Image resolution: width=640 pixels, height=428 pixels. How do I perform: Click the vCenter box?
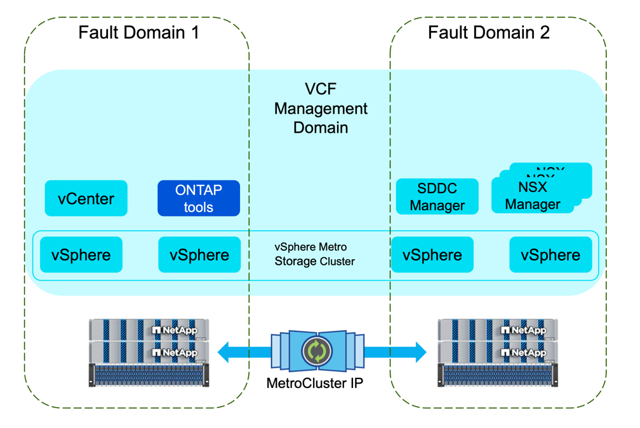[x=86, y=199]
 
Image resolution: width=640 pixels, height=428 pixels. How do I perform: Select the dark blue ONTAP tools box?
[x=199, y=199]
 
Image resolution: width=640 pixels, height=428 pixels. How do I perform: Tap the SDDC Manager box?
[x=437, y=197]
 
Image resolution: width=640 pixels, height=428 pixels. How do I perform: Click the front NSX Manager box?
[x=533, y=196]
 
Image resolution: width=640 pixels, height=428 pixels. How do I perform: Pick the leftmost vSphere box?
[x=81, y=255]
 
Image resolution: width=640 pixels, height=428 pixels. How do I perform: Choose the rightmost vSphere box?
[x=550, y=255]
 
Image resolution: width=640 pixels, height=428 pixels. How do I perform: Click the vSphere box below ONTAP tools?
[x=199, y=255]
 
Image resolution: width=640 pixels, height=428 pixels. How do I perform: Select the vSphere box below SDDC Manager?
[x=432, y=255]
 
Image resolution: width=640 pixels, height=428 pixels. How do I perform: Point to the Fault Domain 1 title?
[x=138, y=32]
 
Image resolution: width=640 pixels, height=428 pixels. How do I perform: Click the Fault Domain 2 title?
[x=489, y=32]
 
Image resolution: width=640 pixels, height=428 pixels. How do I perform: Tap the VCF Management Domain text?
[x=321, y=109]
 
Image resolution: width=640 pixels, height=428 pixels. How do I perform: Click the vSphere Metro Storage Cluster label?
[x=314, y=254]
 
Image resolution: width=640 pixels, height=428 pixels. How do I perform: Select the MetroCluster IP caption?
[x=315, y=384]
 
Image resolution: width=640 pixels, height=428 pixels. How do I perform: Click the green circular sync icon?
[x=316, y=351]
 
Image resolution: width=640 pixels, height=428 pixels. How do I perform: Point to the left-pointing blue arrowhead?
[x=223, y=351]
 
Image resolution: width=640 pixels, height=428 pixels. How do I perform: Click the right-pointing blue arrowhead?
[x=420, y=351]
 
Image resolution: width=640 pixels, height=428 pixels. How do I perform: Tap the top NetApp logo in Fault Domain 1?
[x=175, y=330]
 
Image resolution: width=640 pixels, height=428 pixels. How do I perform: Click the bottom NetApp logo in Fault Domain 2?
[x=524, y=352]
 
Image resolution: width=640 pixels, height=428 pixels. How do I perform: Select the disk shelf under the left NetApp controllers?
[x=149, y=375]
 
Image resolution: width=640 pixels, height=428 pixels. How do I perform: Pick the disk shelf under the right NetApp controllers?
[x=498, y=375]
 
